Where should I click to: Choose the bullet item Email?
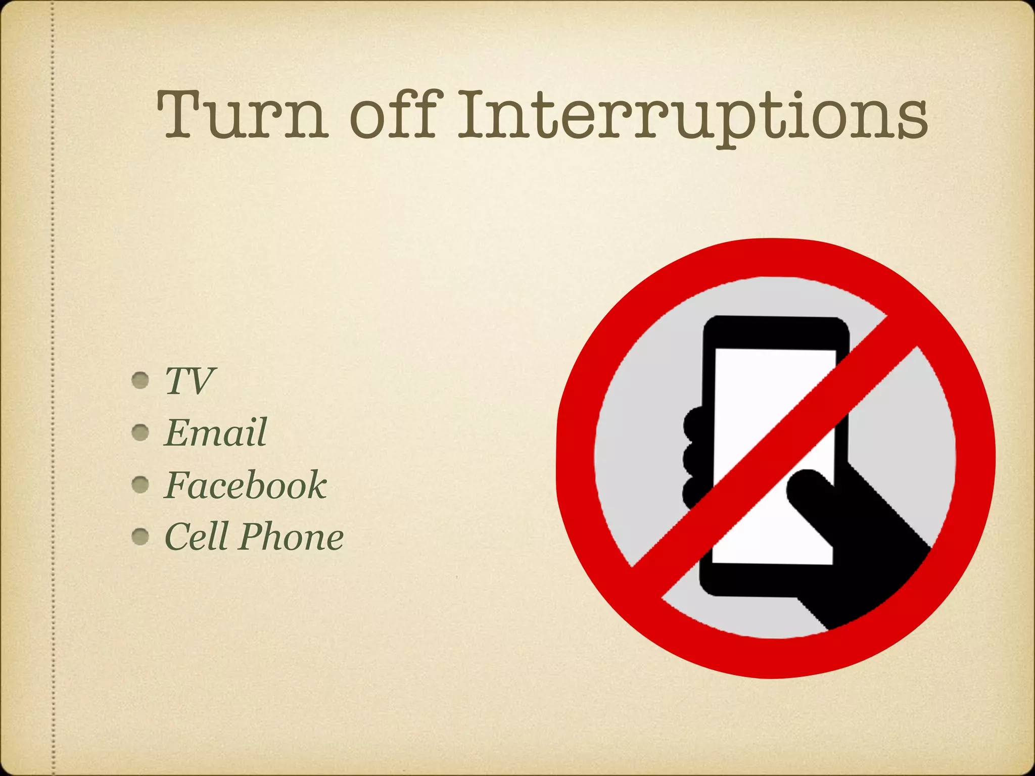215,433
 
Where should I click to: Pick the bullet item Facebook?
246,485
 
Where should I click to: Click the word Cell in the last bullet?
196,537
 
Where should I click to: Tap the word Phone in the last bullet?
292,537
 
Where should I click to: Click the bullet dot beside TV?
140,380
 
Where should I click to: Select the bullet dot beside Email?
140,432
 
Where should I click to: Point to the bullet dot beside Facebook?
140,485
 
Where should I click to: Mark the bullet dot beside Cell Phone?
140,537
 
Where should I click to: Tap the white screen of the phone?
758,384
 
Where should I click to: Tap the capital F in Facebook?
177,485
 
